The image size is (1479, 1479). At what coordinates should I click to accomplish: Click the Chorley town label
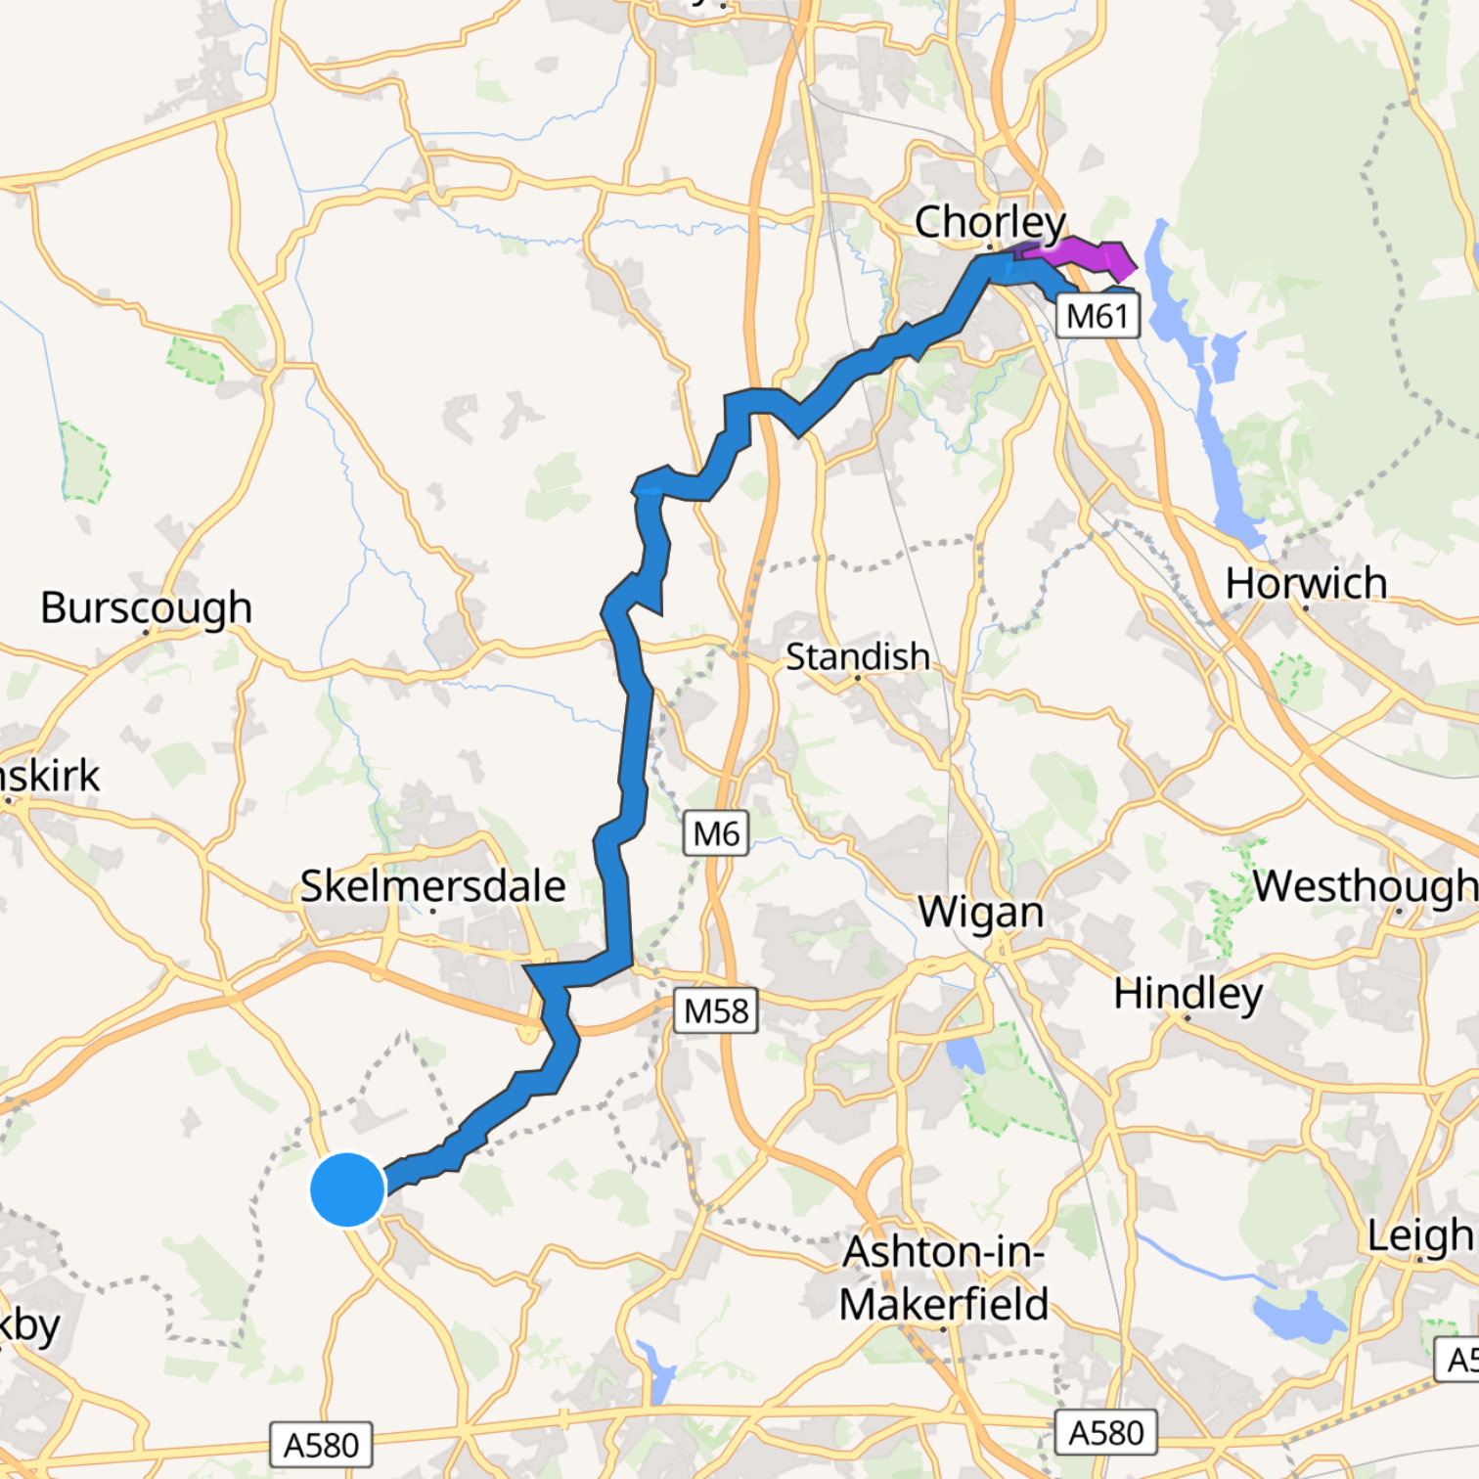point(989,222)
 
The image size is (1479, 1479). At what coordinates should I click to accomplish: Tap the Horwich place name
point(1306,583)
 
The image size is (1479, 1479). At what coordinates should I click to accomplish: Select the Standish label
point(857,656)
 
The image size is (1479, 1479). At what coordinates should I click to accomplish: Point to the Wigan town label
point(981,912)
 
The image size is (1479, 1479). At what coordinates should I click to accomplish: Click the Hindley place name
point(1188,994)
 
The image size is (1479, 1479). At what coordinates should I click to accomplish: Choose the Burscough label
point(146,607)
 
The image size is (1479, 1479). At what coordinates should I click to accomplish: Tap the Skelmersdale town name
point(432,886)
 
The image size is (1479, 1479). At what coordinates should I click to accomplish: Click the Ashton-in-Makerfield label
point(943,1278)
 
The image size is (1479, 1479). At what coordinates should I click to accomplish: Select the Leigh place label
point(1420,1235)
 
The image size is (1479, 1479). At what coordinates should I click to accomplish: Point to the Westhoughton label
point(1365,886)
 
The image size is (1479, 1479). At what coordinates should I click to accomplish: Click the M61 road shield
point(1098,317)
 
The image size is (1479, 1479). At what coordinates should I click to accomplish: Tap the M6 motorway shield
point(716,833)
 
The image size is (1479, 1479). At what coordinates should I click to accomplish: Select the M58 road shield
point(716,1010)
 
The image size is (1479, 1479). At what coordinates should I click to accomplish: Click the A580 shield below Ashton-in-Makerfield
point(1105,1433)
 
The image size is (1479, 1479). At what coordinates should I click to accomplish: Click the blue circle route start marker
point(347,1189)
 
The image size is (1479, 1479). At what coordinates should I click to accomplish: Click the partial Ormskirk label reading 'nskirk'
point(49,776)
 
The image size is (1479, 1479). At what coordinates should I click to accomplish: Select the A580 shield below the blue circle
point(321,1445)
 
